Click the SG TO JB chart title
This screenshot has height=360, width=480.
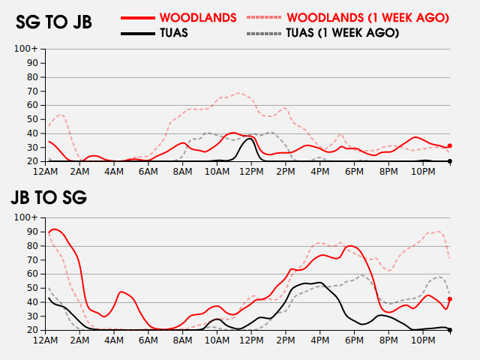54,22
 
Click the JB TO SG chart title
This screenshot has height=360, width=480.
49,197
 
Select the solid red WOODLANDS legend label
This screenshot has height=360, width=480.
198,17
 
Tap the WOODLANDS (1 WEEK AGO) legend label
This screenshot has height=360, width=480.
367,17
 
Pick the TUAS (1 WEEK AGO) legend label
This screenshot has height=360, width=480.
343,33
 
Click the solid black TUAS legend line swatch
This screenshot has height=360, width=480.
138,33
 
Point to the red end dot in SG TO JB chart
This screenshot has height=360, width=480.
450,146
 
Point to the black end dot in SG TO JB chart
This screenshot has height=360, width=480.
450,161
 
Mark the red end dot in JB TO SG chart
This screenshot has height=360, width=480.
450,299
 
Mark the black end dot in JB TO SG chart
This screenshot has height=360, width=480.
450,330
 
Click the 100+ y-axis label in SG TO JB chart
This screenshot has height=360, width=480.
25,49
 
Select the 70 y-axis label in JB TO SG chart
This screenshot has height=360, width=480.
32,260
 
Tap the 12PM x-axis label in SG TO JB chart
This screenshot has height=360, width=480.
251,172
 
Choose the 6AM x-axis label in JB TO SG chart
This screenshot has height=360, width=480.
148,340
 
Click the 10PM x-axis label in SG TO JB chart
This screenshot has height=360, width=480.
423,172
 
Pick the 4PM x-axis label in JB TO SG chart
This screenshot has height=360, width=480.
320,340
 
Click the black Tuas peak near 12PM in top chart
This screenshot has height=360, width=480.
250,139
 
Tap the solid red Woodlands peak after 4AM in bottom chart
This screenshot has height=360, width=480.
121,292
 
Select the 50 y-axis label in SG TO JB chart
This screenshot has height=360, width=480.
32,119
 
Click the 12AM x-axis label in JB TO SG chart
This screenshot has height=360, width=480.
45,340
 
